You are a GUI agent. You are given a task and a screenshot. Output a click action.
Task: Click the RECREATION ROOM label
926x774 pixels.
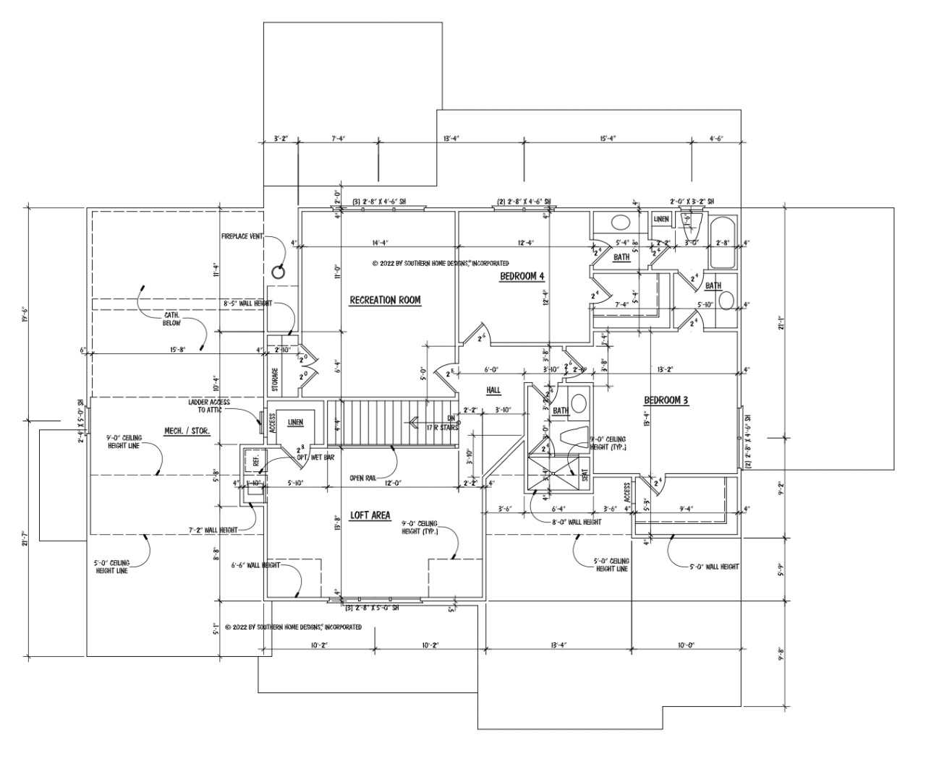(385, 300)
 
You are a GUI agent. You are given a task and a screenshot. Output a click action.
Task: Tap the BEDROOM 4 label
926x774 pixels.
(522, 276)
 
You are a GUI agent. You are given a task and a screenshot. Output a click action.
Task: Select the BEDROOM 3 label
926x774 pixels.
(666, 400)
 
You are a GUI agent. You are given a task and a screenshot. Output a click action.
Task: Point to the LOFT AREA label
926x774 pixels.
(370, 515)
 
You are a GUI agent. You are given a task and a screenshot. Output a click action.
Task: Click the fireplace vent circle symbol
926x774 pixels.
(278, 272)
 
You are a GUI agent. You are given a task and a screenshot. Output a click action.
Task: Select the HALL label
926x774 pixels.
(493, 390)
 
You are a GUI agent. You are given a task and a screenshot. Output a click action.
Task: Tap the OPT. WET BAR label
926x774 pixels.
(316, 457)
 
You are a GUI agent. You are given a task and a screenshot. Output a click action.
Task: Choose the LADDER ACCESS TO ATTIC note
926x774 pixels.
(209, 405)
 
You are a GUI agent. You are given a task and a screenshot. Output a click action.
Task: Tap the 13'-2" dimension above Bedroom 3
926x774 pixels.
(665, 369)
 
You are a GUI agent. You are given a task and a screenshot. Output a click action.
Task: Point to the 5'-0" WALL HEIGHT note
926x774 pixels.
(715, 567)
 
